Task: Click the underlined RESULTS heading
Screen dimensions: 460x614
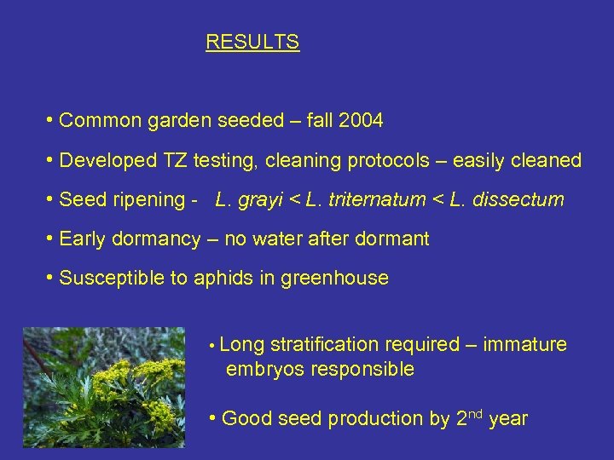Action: point(252,42)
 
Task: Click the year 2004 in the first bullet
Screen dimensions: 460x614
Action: point(361,121)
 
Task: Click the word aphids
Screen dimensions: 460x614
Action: point(221,279)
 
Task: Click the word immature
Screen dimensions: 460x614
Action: point(524,345)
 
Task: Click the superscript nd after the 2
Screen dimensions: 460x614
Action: point(477,414)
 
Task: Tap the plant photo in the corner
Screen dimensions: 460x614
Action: point(103,388)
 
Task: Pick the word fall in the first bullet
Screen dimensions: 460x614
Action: point(321,121)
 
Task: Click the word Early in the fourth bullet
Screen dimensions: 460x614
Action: point(82,239)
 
